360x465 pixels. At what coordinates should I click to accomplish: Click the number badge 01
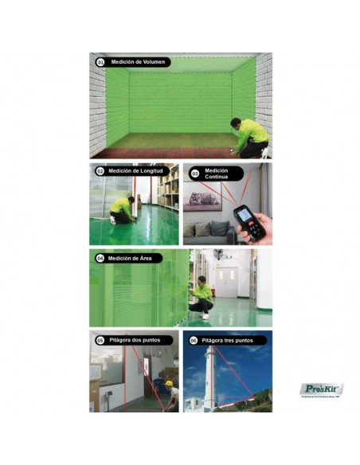click(100, 61)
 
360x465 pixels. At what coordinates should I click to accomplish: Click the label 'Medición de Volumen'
click(137, 61)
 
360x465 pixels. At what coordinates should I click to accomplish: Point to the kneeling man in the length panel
click(122, 209)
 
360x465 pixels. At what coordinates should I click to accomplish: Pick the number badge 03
click(194, 173)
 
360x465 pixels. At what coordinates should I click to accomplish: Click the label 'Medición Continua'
click(217, 173)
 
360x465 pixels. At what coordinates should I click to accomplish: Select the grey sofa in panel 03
click(208, 232)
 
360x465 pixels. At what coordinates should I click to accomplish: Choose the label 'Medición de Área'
click(133, 258)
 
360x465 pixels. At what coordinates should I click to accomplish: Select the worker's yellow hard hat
click(169, 383)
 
